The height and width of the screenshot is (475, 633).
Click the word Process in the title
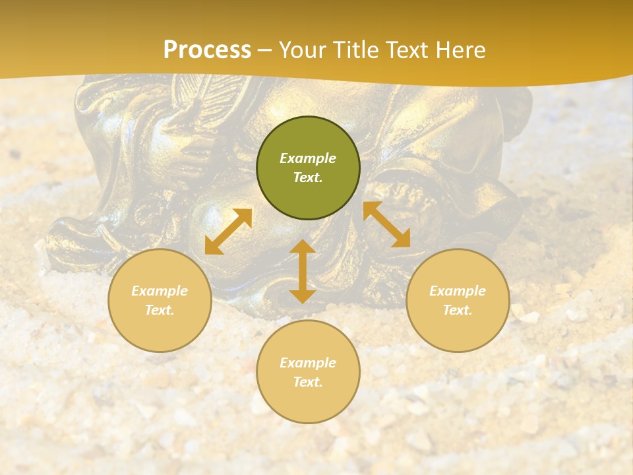(207, 50)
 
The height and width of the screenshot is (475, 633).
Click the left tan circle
(160, 300)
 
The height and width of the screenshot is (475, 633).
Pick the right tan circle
(458, 300)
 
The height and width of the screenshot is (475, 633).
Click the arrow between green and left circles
(228, 232)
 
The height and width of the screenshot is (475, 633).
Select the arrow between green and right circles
(387, 224)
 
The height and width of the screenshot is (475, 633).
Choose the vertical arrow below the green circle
(302, 271)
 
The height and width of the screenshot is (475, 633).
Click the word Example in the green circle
(308, 158)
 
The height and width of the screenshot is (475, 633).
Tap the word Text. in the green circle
(308, 177)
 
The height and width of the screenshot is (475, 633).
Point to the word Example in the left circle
(160, 291)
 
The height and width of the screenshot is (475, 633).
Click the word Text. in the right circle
(458, 310)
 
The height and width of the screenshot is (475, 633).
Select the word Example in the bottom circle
(308, 363)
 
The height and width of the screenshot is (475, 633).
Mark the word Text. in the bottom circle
(308, 382)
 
